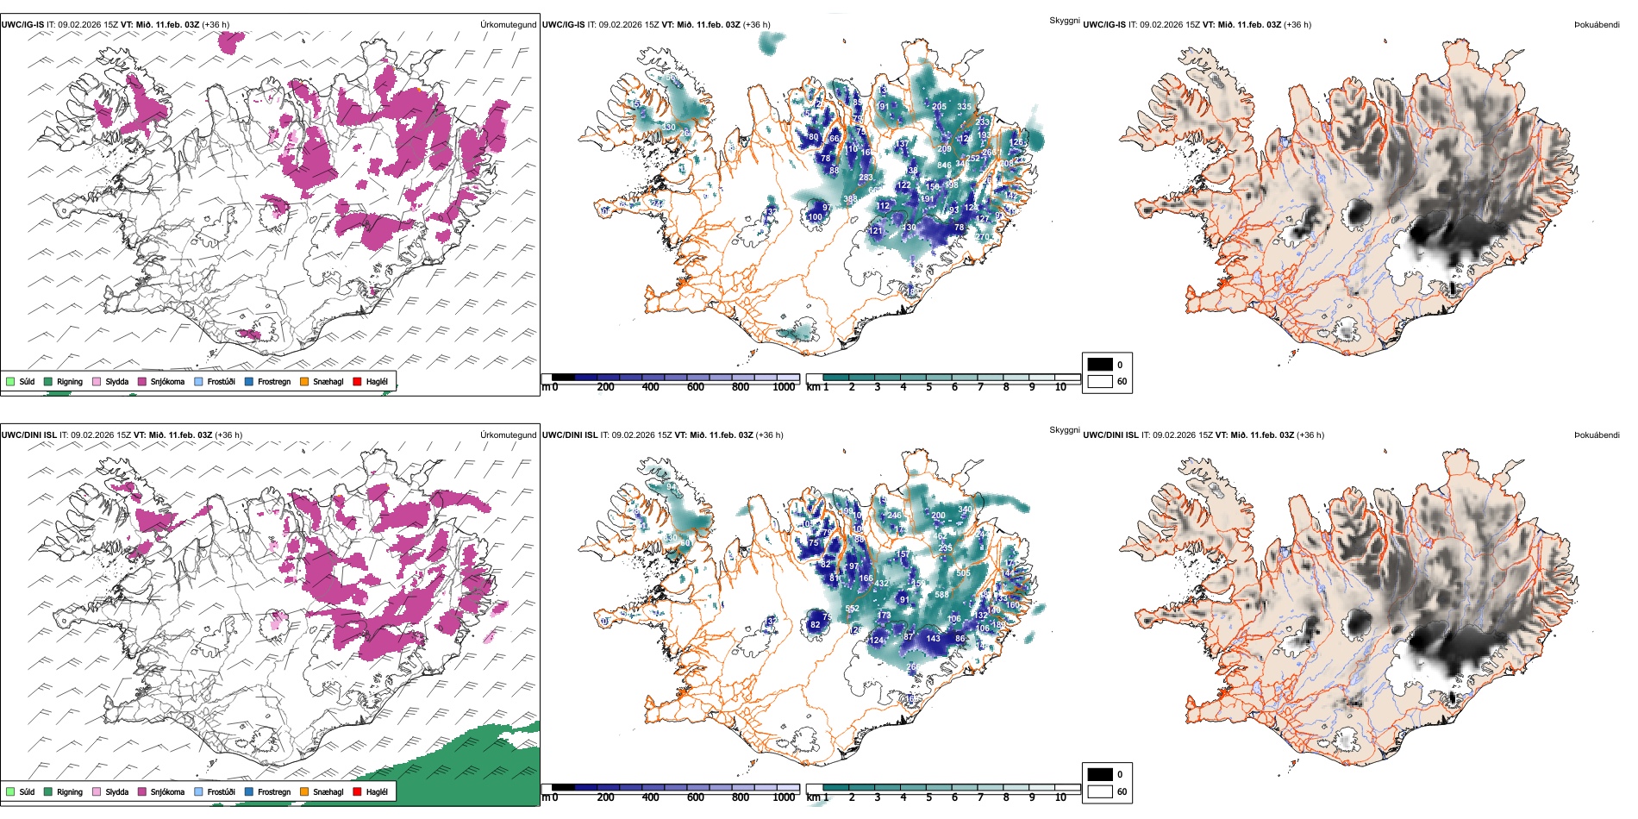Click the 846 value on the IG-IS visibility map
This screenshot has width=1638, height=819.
tap(944, 166)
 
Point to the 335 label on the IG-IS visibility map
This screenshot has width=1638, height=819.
tap(964, 107)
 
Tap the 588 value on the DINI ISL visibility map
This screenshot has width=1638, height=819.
tap(941, 595)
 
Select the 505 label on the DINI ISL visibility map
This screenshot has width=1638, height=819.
tap(963, 572)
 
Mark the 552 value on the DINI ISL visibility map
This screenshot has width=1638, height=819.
tap(852, 609)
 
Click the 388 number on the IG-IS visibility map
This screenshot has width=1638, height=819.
tap(850, 199)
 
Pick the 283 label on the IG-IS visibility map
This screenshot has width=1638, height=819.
tap(866, 178)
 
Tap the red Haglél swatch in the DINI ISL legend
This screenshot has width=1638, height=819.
tap(357, 791)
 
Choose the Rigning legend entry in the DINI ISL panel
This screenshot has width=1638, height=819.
tap(63, 791)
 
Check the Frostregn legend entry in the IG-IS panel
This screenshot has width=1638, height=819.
tap(267, 381)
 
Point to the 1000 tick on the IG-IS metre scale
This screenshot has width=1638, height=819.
tap(784, 387)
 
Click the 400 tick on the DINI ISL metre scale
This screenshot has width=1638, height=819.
tap(650, 797)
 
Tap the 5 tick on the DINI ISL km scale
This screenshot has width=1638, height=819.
tap(928, 797)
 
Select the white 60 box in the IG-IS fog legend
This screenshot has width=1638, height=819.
tap(1100, 381)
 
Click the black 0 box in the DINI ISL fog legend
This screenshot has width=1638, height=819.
tap(1100, 774)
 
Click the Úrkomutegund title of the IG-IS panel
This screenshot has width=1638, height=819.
tap(508, 25)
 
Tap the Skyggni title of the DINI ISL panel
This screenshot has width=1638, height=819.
tap(1064, 430)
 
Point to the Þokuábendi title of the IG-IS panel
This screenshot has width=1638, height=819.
tap(1597, 25)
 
